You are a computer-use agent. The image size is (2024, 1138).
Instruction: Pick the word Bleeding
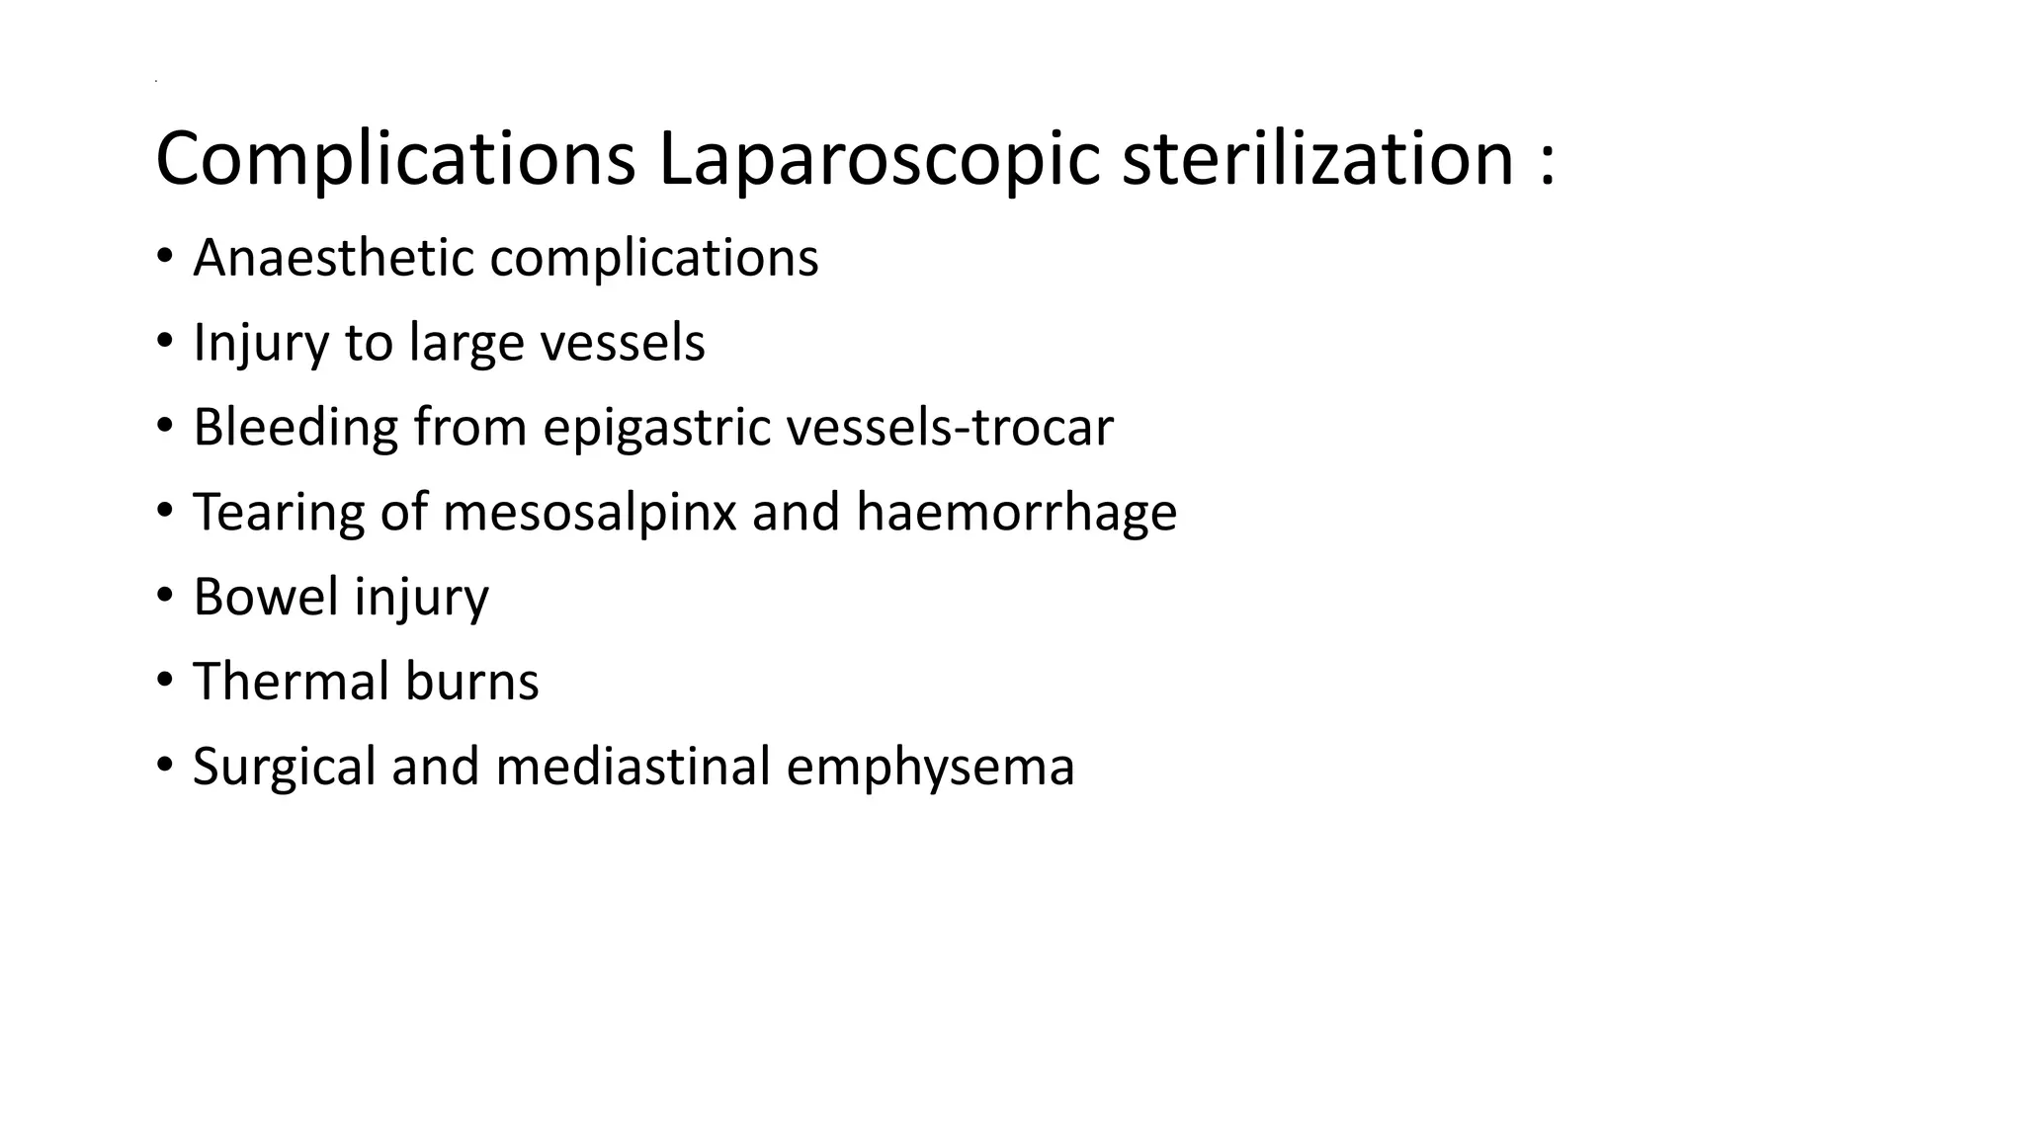tap(295, 428)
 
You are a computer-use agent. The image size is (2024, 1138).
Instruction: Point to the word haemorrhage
tap(1016, 513)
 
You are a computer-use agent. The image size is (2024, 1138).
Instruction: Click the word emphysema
tap(930, 767)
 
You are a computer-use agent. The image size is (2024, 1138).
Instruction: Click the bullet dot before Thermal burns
tap(164, 682)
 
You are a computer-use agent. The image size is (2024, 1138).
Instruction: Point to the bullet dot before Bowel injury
tap(164, 597)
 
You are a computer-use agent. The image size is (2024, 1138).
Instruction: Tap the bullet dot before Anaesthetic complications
tap(164, 258)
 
